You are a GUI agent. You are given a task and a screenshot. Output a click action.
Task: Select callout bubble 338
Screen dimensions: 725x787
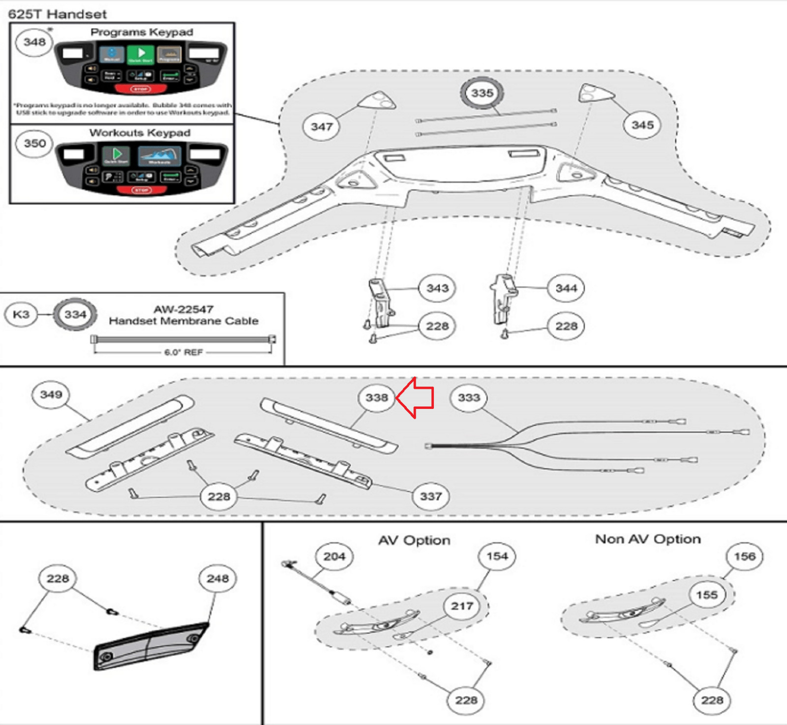[377, 398]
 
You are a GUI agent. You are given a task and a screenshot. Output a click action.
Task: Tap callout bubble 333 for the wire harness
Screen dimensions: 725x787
[469, 398]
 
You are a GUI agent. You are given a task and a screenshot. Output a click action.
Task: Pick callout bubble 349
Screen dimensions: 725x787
[51, 395]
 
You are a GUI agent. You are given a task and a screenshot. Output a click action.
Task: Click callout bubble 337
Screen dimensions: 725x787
[431, 496]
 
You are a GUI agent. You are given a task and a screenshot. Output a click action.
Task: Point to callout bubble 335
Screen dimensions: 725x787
[482, 93]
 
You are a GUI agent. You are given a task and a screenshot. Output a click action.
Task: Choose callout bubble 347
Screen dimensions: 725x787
[322, 127]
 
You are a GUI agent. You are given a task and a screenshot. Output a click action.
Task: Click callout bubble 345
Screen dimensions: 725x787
[642, 125]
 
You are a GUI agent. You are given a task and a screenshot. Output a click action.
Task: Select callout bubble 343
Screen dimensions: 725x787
[437, 288]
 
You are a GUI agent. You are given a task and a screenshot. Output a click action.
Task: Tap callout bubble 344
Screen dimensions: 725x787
[566, 288]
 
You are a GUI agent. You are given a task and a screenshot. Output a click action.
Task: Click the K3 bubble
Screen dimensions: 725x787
[21, 315]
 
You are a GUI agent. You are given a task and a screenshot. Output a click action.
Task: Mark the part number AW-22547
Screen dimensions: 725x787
[183, 309]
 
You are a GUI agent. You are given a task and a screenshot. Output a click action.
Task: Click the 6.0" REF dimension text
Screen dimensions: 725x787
[183, 352]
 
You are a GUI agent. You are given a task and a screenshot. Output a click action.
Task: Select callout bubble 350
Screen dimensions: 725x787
[34, 144]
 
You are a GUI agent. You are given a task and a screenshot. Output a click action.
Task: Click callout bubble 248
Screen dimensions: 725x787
[217, 579]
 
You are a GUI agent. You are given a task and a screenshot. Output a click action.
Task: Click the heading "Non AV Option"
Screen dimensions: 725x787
[648, 539]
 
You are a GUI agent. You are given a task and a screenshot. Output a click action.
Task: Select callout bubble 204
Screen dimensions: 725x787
[334, 556]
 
